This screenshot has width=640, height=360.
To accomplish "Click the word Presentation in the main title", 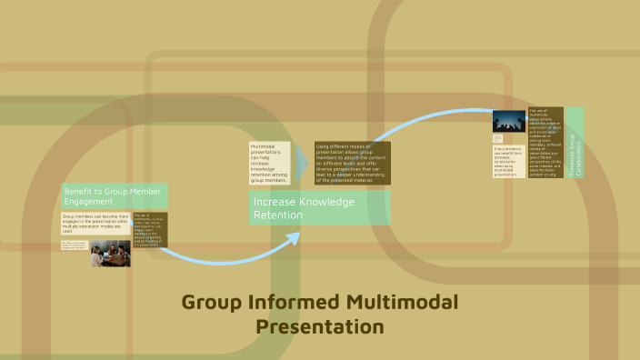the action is [x=320, y=325].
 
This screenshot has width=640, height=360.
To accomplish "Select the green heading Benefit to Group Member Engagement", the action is [x=114, y=195].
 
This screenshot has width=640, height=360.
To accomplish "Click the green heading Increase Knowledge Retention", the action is [x=318, y=207].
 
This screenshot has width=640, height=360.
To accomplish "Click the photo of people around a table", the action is [x=109, y=254].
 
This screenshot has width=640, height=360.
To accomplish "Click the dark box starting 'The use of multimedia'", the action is [x=149, y=229].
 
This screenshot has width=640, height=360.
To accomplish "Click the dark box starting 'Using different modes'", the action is [x=352, y=163].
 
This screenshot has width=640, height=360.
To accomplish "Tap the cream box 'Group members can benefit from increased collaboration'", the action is [x=508, y=161].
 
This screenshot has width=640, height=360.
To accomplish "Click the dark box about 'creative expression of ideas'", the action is [x=545, y=143].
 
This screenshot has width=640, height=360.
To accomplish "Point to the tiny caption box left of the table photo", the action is [x=74, y=245].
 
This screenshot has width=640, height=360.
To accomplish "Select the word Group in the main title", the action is [x=214, y=303].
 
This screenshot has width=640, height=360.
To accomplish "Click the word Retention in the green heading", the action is [x=275, y=215].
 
